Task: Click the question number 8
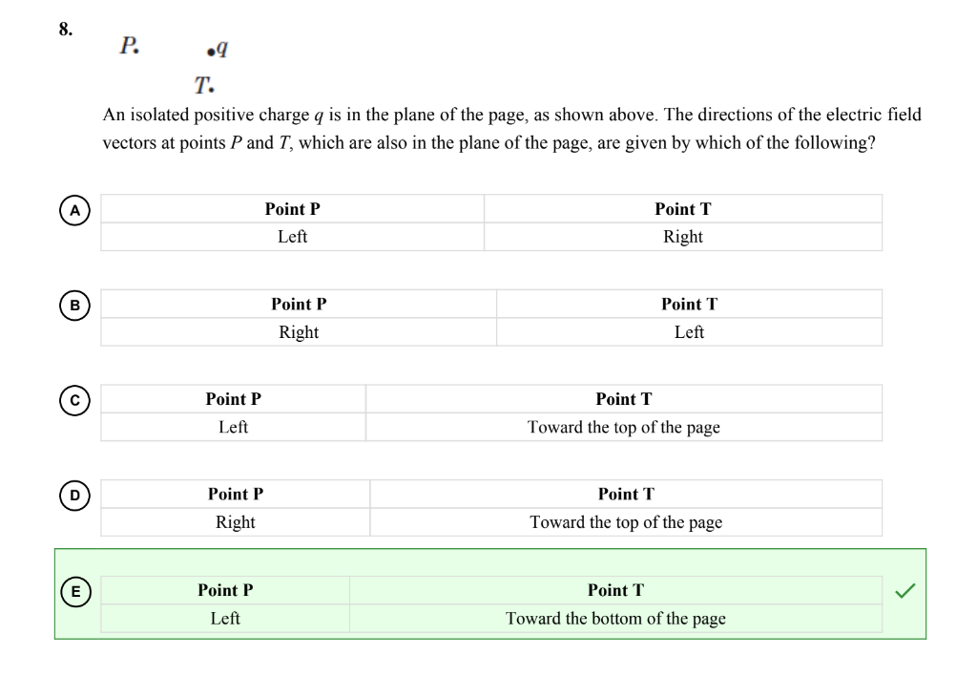coord(65,29)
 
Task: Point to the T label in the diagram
coord(203,86)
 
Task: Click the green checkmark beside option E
coord(905,592)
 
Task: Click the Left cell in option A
coord(292,237)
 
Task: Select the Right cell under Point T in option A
coord(682,237)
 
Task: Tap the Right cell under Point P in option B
coord(299,332)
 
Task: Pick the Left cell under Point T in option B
coord(689,332)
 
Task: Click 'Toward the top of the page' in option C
coord(624,428)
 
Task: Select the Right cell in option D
coord(236,522)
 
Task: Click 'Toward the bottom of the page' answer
coord(615,619)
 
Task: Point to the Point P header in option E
coord(225,590)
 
